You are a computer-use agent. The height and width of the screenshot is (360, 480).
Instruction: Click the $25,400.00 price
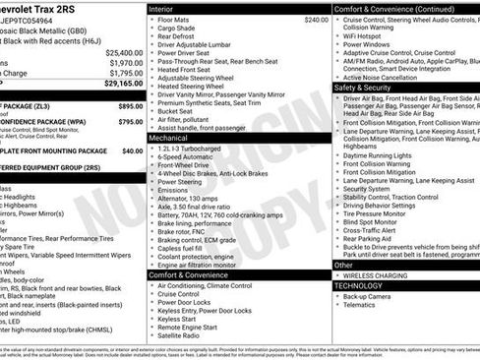point(125,51)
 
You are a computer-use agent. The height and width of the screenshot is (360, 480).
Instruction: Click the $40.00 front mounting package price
point(132,151)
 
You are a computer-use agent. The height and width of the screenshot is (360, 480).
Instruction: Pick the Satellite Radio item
point(184,334)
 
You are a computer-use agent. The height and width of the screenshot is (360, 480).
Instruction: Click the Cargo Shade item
point(178,29)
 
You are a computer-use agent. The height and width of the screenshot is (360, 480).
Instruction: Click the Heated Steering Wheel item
point(194,87)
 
